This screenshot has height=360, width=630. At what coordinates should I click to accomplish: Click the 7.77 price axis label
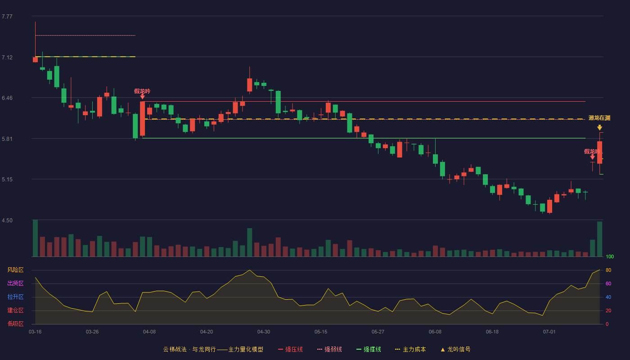point(7,17)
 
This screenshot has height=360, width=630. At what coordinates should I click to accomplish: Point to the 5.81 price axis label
point(7,139)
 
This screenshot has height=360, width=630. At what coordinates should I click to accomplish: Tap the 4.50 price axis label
point(7,220)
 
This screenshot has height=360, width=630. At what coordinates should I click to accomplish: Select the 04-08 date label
point(149,332)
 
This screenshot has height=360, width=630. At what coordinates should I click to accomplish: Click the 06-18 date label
point(492,332)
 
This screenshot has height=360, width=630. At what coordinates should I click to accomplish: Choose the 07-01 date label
point(549,332)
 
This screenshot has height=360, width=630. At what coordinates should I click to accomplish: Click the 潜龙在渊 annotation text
point(599,118)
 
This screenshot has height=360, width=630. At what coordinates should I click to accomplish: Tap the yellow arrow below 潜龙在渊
point(599,127)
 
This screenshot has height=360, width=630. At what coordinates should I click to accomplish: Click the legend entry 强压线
point(290,349)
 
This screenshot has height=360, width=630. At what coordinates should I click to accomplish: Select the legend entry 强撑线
point(369,349)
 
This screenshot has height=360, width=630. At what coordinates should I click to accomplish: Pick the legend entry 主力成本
point(410,349)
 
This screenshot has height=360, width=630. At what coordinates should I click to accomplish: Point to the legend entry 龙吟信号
point(455,349)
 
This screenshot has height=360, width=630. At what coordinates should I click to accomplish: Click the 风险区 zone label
point(15,270)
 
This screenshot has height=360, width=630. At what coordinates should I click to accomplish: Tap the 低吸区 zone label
point(15,324)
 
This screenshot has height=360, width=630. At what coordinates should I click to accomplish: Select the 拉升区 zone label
point(15,297)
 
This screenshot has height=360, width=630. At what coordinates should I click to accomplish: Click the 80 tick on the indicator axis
point(608,270)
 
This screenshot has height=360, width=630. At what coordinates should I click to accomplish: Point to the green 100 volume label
point(610,256)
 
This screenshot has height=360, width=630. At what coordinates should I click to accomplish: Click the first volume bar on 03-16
point(35,238)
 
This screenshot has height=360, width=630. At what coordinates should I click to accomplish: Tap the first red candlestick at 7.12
point(35,59)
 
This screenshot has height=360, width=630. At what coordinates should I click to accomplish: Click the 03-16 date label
point(35,332)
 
